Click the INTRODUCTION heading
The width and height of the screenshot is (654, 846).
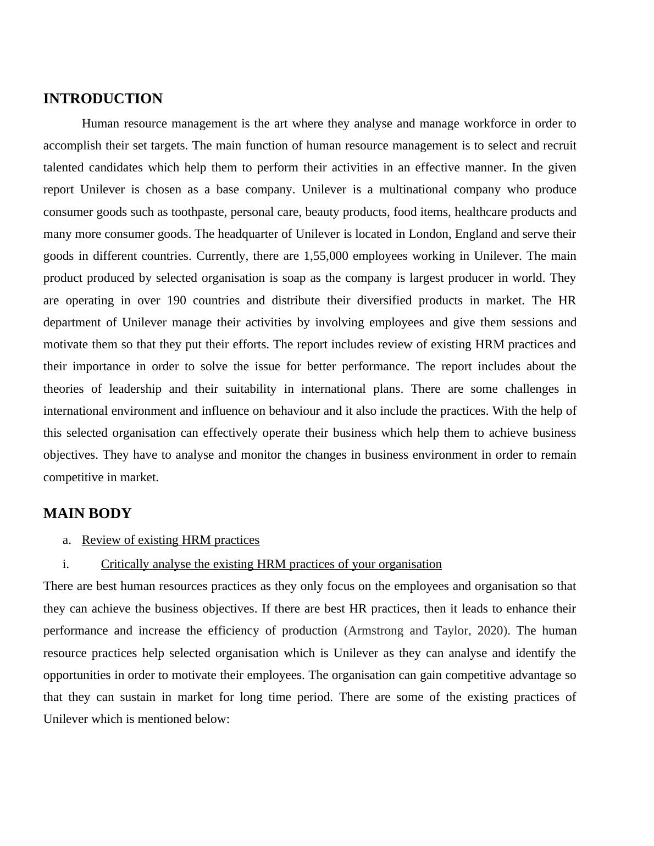(x=103, y=99)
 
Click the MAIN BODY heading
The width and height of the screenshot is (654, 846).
(x=87, y=514)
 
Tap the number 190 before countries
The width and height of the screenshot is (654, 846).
(x=176, y=300)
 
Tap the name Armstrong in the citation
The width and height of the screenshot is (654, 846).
(x=375, y=631)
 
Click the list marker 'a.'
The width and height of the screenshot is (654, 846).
(x=67, y=540)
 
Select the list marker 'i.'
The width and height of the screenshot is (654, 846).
(x=66, y=564)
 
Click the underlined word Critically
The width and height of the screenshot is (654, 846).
(x=125, y=564)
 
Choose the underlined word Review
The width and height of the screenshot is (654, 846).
(x=99, y=540)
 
